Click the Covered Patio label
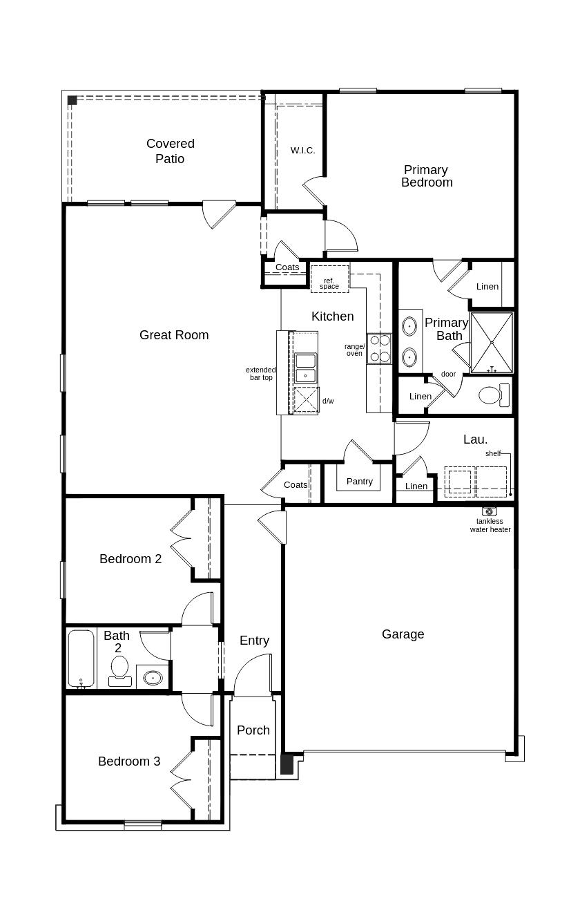(x=170, y=151)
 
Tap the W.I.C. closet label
(x=302, y=150)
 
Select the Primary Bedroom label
(x=427, y=176)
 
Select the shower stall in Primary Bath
(x=492, y=342)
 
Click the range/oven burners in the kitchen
(x=378, y=348)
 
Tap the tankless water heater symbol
(x=490, y=511)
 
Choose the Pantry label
(x=359, y=481)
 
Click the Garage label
(x=403, y=634)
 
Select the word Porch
(x=253, y=730)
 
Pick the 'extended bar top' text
(x=260, y=374)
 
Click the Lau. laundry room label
(x=475, y=439)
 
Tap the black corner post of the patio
(x=72, y=100)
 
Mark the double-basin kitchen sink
(x=305, y=368)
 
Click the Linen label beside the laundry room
(x=416, y=486)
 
